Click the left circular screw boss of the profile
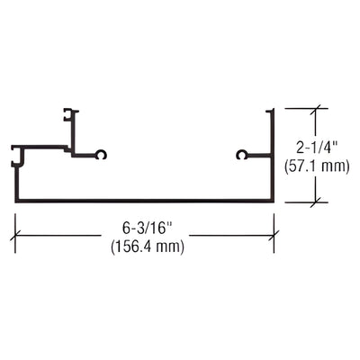(x=102, y=155)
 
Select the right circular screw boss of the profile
(x=241, y=155)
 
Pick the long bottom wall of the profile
(x=144, y=200)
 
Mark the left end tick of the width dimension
(x=15, y=236)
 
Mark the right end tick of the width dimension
(x=274, y=236)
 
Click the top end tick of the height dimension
(x=314, y=110)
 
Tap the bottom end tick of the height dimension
(x=314, y=202)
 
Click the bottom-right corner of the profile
(x=273, y=200)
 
